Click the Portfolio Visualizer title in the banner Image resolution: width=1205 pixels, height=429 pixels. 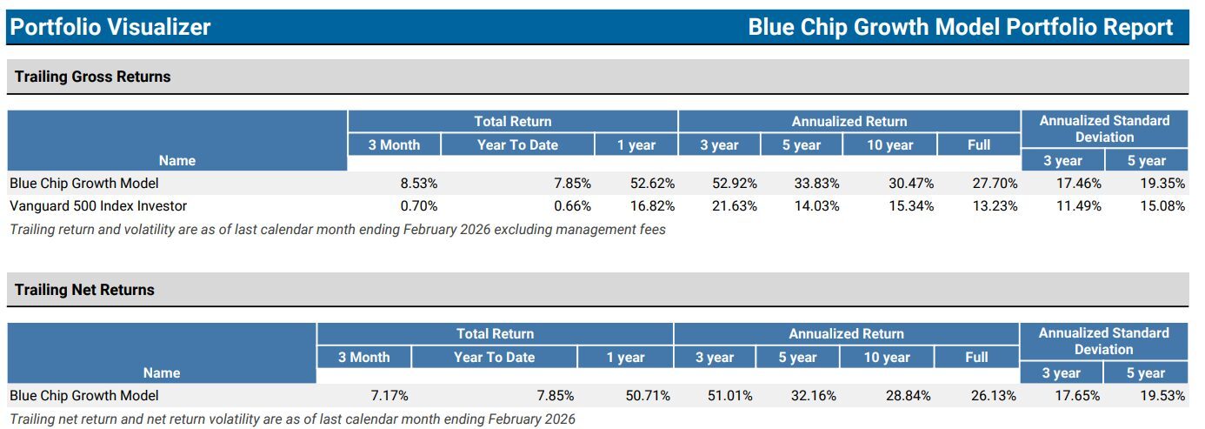point(110,27)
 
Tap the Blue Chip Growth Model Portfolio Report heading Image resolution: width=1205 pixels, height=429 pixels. point(961,27)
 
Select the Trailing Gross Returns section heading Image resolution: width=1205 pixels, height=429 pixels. point(93,77)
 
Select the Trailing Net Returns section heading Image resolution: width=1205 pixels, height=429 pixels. point(84,290)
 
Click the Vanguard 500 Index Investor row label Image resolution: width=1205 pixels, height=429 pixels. point(98,206)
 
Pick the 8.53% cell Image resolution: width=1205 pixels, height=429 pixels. point(418,184)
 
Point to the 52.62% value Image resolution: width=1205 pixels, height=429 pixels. point(650,184)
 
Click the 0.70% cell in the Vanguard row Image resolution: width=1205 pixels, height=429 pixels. point(418,206)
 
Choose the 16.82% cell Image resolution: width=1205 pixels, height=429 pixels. point(650,206)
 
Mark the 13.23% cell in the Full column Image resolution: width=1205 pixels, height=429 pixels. point(995,206)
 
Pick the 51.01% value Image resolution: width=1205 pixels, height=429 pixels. point(730,396)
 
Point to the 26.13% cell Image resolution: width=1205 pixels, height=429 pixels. point(993,396)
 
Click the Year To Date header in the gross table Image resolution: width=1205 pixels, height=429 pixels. point(517,145)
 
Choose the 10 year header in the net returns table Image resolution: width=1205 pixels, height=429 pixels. point(887,358)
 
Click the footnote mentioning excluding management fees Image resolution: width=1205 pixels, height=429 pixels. point(337,230)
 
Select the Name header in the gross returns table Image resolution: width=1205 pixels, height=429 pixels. point(177,160)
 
